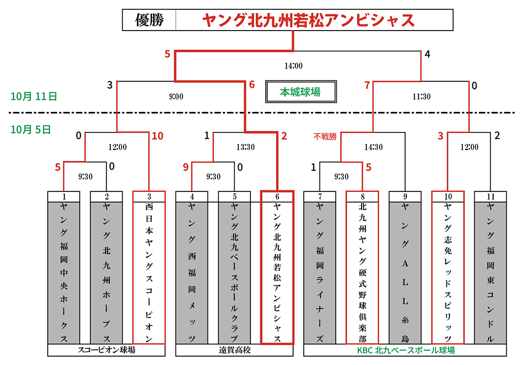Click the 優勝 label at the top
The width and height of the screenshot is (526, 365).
149,20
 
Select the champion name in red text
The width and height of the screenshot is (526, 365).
308,20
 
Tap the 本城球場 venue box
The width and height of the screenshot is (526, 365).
300,92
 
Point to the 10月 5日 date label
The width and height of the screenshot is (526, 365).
31,130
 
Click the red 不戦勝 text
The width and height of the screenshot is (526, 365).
325,136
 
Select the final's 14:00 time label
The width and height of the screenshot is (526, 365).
293,66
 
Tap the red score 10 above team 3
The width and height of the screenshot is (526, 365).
157,136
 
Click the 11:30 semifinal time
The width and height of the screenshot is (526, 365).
421,97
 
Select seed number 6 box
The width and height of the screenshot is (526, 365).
277,196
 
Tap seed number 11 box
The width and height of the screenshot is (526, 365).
491,197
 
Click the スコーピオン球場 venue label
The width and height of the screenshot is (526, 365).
106,350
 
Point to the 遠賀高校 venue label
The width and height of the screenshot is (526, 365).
234,350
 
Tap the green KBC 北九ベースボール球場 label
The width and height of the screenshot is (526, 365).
406,350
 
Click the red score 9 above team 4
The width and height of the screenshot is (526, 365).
186,167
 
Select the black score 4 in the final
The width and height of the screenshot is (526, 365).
427,54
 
